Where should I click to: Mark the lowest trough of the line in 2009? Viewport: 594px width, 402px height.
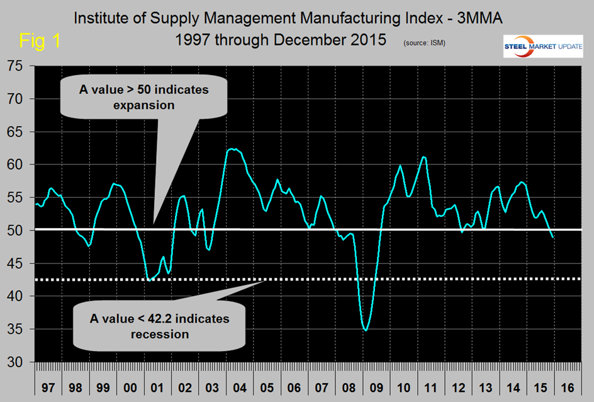[x=366, y=330]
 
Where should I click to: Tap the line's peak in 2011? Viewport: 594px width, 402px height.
[x=423, y=156]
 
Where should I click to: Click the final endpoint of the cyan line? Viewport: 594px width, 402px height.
[x=553, y=238]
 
